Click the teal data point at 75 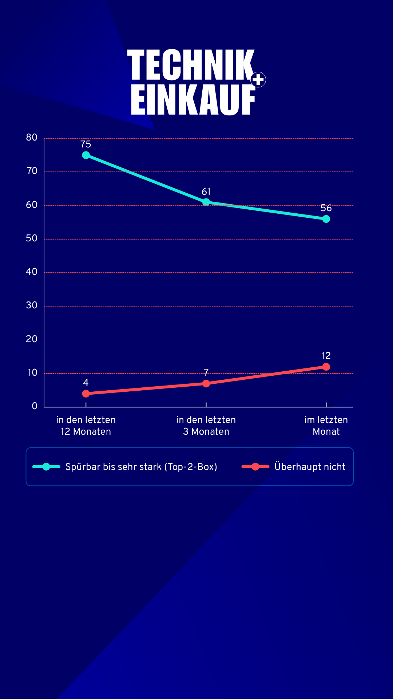[x=86, y=155]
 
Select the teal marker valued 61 [x=206, y=202]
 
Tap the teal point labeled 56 [x=326, y=219]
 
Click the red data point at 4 [x=86, y=394]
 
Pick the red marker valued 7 [x=206, y=383]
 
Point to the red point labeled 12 [x=326, y=367]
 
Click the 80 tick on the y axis [x=32, y=138]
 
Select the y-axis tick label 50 [x=32, y=238]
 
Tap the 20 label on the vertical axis [x=32, y=339]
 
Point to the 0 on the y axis [x=35, y=406]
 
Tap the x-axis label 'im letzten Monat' [x=326, y=426]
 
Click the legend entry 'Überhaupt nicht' [x=310, y=467]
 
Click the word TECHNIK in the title [x=191, y=65]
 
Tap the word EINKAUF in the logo [x=193, y=100]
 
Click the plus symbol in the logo [x=258, y=80]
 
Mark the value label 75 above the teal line [x=86, y=144]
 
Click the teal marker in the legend [x=46, y=467]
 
